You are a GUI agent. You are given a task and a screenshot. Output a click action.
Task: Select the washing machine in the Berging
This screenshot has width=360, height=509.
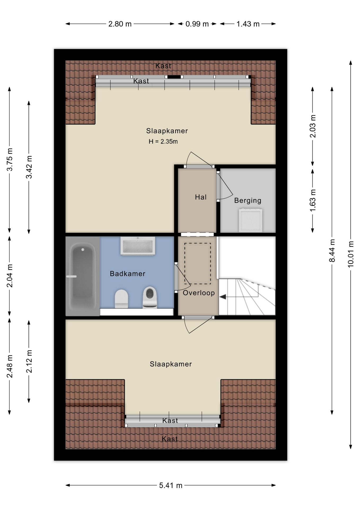tap(251, 220)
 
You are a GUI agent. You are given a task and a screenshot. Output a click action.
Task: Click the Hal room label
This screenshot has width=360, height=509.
tap(201, 197)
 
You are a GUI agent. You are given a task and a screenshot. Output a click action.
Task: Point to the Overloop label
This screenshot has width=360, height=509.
tap(199, 293)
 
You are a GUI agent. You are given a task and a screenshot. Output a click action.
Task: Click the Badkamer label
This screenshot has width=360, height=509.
tap(128, 274)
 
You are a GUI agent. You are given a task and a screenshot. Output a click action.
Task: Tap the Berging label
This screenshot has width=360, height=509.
tap(248, 200)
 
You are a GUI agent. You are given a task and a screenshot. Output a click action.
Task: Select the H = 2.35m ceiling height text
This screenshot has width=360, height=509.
tap(163, 142)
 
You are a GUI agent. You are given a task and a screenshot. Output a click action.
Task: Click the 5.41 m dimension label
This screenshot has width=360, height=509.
tap(171, 485)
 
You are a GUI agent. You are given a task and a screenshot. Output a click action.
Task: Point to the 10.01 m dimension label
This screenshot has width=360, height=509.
tap(351, 254)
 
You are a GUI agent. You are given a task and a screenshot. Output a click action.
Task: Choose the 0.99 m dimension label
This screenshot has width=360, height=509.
tap(197, 24)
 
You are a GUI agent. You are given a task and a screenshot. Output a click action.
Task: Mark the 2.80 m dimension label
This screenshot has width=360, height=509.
tap(120, 24)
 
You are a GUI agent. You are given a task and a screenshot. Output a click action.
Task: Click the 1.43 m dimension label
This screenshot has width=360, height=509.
tap(248, 24)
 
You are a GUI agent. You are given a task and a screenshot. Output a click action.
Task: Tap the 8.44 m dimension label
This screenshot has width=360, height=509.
tap(332, 251)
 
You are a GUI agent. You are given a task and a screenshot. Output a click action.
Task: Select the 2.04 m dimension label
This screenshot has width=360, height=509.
tap(10, 276)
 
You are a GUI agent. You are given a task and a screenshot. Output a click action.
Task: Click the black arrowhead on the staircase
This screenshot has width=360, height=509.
tap(223, 297)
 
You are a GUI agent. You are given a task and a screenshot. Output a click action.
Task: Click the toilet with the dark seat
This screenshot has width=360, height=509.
tap(150, 297)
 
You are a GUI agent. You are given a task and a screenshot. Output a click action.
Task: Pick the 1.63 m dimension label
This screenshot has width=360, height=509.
tap(313, 200)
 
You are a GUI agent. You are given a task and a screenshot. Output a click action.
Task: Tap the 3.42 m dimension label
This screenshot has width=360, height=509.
tap(29, 167)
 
